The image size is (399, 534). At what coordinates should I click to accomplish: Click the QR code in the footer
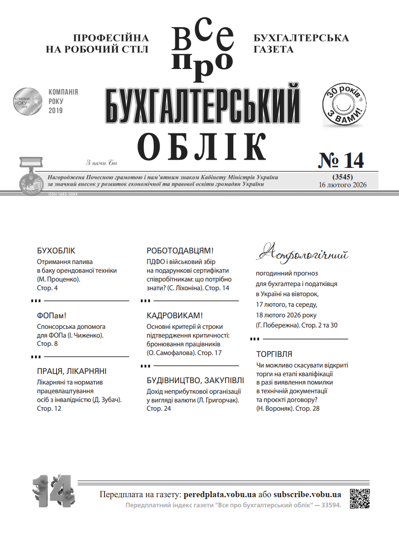pyautogui.click(x=360, y=499)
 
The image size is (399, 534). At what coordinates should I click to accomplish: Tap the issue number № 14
pyautogui.click(x=341, y=161)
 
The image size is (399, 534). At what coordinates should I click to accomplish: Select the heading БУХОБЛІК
pyautogui.click(x=56, y=251)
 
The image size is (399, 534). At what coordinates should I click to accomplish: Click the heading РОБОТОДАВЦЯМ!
pyautogui.click(x=180, y=251)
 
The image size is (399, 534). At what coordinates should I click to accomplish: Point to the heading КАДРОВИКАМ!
pyautogui.click(x=175, y=316)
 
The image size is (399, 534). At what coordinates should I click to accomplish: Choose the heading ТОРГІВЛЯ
pyautogui.click(x=274, y=355)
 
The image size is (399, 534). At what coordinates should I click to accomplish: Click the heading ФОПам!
pyautogui.click(x=52, y=316)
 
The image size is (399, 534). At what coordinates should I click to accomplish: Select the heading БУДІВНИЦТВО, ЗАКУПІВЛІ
pyautogui.click(x=193, y=381)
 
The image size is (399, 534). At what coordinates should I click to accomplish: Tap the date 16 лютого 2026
pyautogui.click(x=342, y=184)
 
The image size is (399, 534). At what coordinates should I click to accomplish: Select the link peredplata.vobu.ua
pyautogui.click(x=220, y=495)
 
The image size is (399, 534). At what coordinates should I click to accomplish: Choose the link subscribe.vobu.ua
pyautogui.click(x=307, y=495)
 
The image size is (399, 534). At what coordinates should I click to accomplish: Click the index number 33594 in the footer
pyautogui.click(x=330, y=505)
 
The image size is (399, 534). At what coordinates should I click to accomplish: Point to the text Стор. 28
pyautogui.click(x=307, y=408)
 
